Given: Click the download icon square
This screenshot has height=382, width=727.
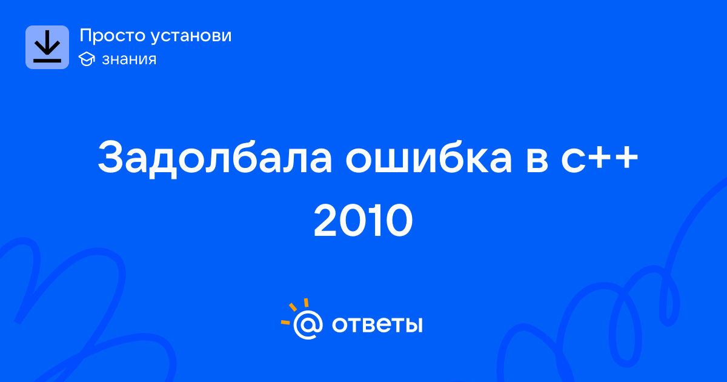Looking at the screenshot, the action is (x=47, y=47).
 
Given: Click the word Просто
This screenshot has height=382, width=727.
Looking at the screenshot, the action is (x=112, y=35).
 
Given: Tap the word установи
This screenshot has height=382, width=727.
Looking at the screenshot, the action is (x=191, y=36).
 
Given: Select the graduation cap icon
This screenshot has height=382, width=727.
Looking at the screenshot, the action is (x=87, y=59).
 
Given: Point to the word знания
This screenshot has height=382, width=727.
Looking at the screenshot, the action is (x=129, y=59).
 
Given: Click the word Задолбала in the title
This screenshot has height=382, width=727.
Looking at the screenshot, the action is (x=215, y=158).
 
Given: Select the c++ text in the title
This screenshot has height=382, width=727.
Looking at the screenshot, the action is (x=599, y=158).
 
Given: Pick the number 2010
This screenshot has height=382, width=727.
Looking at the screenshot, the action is (x=363, y=221).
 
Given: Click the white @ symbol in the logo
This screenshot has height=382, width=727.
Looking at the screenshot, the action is (x=308, y=325).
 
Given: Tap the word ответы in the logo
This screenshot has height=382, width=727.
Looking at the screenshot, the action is (x=377, y=324).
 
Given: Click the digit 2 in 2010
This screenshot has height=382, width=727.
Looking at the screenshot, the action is (x=326, y=221).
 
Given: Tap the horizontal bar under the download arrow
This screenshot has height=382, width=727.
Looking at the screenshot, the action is (x=47, y=61).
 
